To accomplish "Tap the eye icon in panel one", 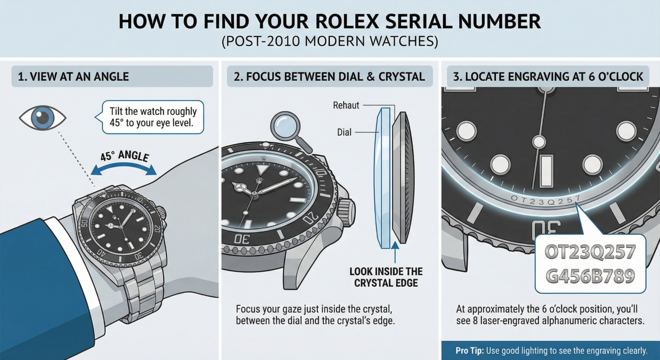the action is (43, 118).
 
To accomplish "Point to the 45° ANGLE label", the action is (124, 156).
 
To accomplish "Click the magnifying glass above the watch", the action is (290, 132).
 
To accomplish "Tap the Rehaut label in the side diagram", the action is (346, 105).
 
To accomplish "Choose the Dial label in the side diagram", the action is (344, 132).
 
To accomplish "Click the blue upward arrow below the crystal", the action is (395, 252).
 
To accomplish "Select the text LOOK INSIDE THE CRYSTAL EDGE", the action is (386, 277).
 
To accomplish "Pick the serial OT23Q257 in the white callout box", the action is (590, 252).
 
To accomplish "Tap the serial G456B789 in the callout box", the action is (590, 276).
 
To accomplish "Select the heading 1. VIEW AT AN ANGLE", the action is (74, 77).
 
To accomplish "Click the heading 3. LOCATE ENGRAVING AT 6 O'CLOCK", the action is (548, 77).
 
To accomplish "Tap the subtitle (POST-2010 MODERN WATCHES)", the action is (330, 41).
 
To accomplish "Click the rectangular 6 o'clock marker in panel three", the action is (546, 171).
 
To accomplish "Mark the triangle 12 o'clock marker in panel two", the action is (261, 170).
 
